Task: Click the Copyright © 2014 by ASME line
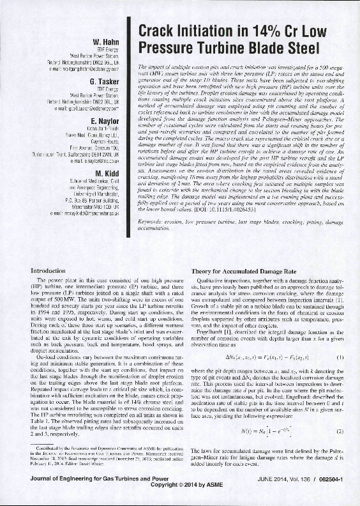tap(180, 498)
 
